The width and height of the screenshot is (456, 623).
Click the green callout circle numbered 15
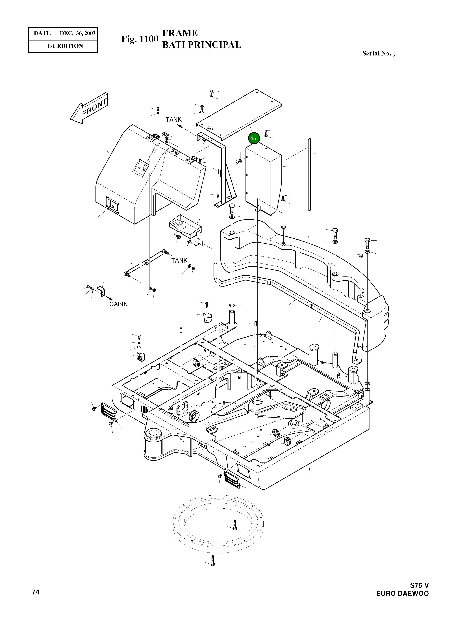coord(253,138)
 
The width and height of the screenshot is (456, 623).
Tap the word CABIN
coord(118,304)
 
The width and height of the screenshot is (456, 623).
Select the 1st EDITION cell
coord(65,46)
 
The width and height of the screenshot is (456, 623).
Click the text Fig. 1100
coord(140,39)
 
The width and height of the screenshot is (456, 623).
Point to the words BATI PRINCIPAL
coord(201,45)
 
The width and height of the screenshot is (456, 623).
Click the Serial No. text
coord(378,53)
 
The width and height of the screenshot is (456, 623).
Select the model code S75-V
coord(419,585)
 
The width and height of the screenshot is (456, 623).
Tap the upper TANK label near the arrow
coord(174,119)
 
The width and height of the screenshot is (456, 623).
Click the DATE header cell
coord(42,33)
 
